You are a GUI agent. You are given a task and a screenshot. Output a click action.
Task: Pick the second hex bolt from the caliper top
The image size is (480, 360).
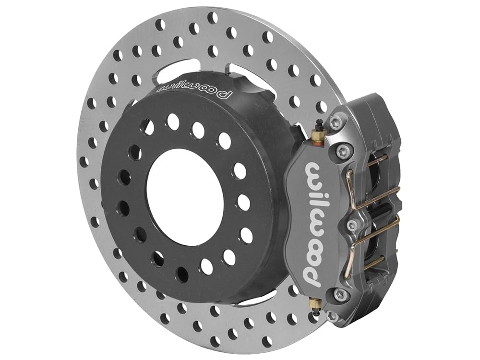pyautogui.click(x=342, y=149)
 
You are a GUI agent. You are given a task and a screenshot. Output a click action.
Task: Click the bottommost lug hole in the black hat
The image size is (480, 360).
pyautogui.click(x=181, y=275)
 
